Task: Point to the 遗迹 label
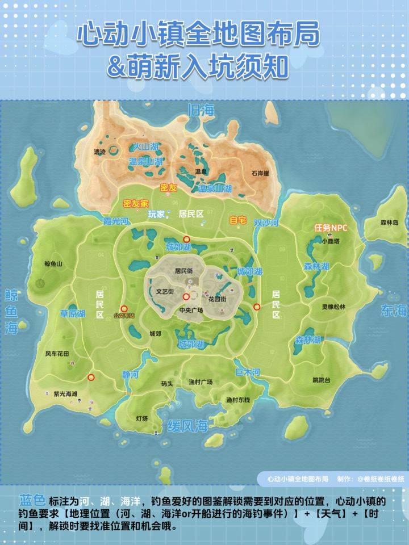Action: click(x=99, y=152)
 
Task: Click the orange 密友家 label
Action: click(x=136, y=203)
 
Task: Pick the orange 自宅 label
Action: click(x=237, y=220)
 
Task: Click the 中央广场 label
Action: click(x=191, y=311)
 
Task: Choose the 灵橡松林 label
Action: click(x=333, y=307)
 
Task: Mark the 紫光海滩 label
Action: click(x=65, y=393)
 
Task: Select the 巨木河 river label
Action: click(x=248, y=372)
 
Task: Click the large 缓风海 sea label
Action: click(x=187, y=427)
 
